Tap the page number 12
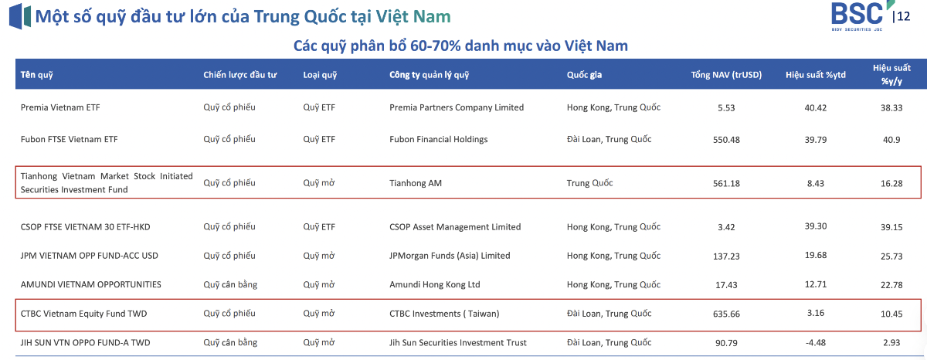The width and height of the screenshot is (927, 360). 904,16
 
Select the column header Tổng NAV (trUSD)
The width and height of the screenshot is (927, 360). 726,75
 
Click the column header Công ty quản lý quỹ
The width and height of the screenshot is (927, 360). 430,75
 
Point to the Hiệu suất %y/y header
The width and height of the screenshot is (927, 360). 891,74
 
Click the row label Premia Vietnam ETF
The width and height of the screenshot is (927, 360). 60,107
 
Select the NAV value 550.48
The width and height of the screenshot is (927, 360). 726,140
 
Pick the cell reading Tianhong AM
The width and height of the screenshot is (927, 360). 416,183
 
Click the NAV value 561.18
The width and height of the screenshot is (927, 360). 726,183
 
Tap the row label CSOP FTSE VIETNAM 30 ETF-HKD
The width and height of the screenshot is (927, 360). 85,227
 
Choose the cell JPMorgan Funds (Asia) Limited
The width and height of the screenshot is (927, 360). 450,256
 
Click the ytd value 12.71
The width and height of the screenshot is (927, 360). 816,284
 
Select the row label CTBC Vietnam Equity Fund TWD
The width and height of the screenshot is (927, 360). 83,314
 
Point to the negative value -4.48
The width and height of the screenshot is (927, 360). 815,343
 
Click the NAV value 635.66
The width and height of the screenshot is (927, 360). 726,314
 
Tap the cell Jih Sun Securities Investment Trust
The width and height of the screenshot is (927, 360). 457,343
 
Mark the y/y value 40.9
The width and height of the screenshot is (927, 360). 891,140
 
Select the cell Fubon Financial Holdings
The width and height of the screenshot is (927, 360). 438,140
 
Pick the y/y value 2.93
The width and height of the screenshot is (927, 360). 891,343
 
